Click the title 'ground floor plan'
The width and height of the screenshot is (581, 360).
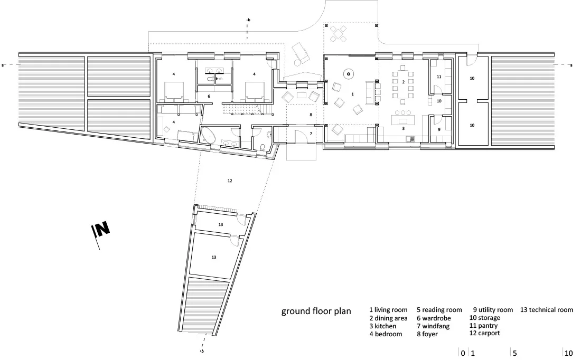tap(316, 311)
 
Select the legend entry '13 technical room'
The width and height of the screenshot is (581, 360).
tap(547, 310)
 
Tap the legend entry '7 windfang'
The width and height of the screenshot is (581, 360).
tap(433, 326)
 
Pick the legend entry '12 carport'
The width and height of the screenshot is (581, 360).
tap(485, 333)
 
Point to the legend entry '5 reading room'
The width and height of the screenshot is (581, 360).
tap(439, 310)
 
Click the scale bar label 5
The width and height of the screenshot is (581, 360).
tap(514, 353)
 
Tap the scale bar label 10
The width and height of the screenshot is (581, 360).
tap(568, 353)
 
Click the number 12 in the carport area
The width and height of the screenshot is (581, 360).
tap(230, 181)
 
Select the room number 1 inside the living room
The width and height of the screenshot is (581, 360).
tap(352, 94)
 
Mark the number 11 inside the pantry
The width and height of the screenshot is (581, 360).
tap(439, 77)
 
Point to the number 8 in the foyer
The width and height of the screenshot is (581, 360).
tap(311, 115)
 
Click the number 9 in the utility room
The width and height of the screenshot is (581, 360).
tap(439, 129)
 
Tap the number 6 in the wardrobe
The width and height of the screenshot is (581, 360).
tap(209, 96)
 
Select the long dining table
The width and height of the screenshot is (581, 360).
tap(403, 82)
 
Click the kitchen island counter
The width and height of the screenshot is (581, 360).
tap(403, 121)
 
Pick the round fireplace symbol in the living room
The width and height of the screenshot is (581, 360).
tap(348, 74)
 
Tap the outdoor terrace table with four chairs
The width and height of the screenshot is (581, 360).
tap(338, 33)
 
